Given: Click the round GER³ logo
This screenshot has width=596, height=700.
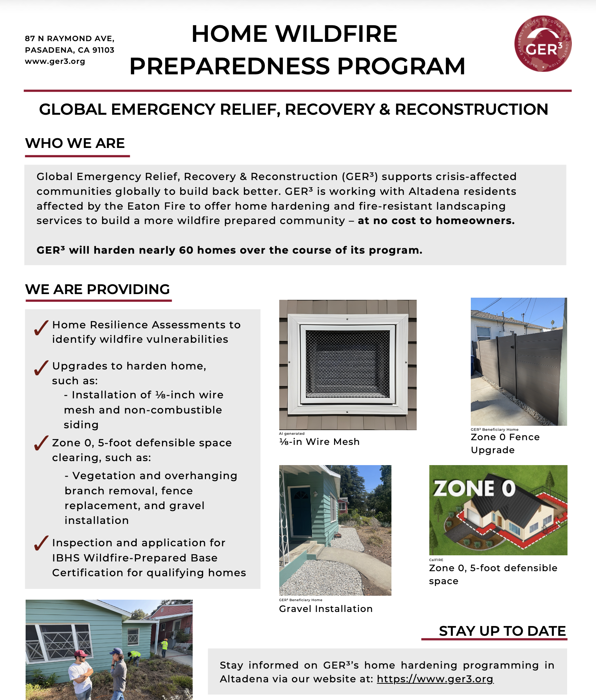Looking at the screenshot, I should click(x=543, y=44).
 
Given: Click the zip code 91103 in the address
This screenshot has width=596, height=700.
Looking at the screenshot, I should click(x=104, y=50).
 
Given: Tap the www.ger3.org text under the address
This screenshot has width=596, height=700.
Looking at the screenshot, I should click(x=55, y=61).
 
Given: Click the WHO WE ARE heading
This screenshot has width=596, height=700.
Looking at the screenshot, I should click(x=75, y=143).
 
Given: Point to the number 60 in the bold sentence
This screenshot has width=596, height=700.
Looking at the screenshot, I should click(x=186, y=250).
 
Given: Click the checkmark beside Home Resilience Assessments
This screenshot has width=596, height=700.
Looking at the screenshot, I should click(x=41, y=328).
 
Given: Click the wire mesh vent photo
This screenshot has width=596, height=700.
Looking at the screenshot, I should click(x=348, y=364).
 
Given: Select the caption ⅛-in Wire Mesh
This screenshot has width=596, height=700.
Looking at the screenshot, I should click(x=319, y=442).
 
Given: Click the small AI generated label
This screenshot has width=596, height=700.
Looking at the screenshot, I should click(x=292, y=433).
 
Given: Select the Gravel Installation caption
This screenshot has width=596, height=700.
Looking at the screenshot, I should click(x=325, y=609).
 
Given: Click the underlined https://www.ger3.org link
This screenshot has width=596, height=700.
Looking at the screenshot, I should click(x=435, y=679).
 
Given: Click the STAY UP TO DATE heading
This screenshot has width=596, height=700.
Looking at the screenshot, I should click(x=502, y=631).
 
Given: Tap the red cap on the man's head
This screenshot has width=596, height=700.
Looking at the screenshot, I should click(x=81, y=653).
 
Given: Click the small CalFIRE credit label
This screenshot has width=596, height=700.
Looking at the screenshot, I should click(x=436, y=560).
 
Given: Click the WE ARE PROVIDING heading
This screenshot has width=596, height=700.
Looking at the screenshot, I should click(x=97, y=289).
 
